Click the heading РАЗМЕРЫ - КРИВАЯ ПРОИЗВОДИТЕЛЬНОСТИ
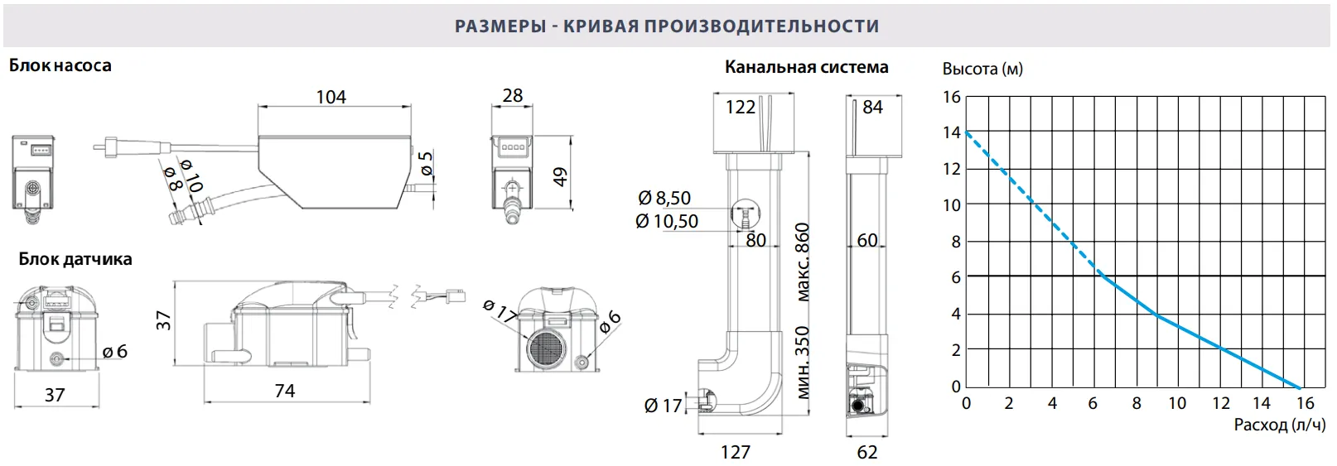coord(667,26)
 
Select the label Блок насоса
coord(60,65)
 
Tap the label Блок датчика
coord(75,259)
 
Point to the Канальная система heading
coord(806,67)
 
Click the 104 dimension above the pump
coord(331,97)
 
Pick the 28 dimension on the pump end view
coord(513,95)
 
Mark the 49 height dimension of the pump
coord(561,176)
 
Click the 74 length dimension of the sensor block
coord(284,391)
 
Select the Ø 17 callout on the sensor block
coord(500,311)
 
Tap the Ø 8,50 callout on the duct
coord(664,198)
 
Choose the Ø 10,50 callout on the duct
coord(667,221)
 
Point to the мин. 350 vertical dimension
coord(802,363)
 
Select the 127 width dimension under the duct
coord(735,452)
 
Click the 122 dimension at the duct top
coord(740,108)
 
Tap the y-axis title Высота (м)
coord(982,69)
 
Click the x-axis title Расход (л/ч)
coord(1279,425)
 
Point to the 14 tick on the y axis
coord(951,132)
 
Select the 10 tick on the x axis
coord(1176,403)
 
